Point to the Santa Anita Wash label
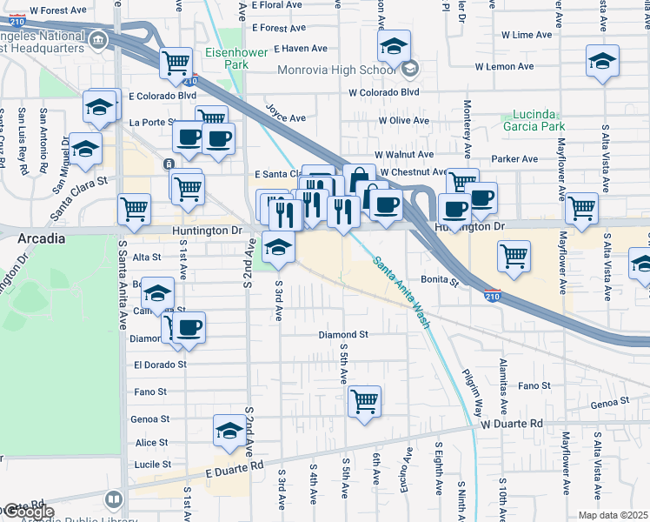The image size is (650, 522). (x=402, y=292)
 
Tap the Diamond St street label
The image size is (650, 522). (x=343, y=334)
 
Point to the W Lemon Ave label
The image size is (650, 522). (x=503, y=66)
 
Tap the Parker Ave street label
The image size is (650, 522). (x=511, y=159)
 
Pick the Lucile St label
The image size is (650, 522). (x=153, y=465)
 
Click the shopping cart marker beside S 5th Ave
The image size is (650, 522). (x=365, y=401)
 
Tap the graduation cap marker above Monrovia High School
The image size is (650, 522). (x=395, y=44)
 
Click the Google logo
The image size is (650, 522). (x=29, y=512)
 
